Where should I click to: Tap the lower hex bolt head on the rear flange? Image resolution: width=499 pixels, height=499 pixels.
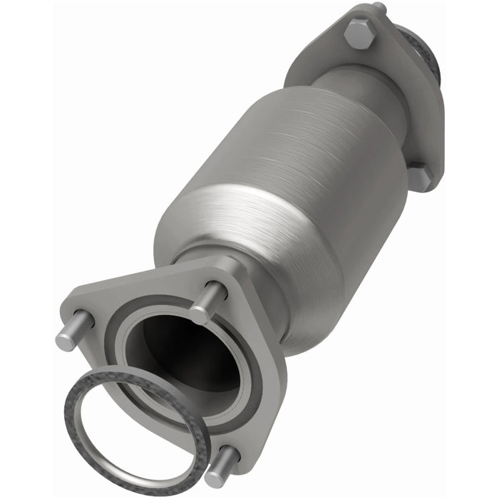pos(421,178)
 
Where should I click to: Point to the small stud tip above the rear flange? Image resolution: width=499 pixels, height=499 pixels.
pos(379,9)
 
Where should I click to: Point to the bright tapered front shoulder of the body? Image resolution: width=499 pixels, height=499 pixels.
pos(235,221)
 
